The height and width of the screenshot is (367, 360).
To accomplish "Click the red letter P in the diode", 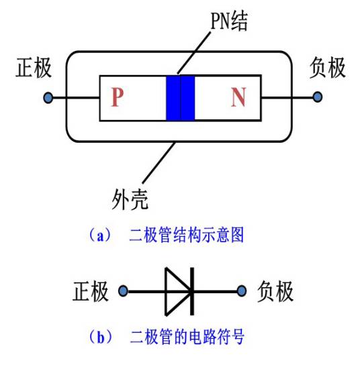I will coord(118,98).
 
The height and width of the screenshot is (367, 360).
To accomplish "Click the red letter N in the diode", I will coord(238,98).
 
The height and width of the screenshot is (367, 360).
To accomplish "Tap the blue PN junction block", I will coord(180,98).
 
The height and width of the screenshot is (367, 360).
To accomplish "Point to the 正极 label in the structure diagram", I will coord(33,68).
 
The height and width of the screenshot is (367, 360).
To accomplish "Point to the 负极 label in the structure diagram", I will coord(328,68).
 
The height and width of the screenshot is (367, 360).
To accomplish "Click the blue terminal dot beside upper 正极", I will coord(48,98).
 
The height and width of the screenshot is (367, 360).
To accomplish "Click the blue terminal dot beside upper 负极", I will coord(316,98).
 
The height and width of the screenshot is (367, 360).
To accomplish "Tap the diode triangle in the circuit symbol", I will coord(177,292).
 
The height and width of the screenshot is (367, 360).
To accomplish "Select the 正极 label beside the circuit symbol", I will coord(90,292).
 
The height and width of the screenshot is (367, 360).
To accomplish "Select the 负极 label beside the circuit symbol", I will coord(275,292).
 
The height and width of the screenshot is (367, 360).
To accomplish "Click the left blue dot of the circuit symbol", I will coord(123,292).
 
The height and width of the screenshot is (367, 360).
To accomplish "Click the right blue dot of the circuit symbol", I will coord(242,292).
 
